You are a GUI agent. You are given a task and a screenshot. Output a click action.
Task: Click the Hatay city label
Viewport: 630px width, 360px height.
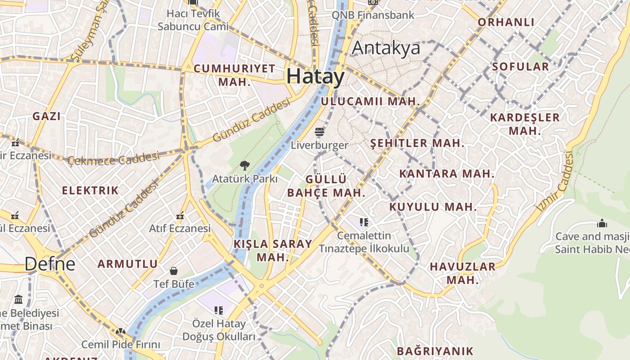[x=315, y=76]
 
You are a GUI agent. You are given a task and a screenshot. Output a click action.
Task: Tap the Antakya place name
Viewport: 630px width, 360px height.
[x=386, y=48]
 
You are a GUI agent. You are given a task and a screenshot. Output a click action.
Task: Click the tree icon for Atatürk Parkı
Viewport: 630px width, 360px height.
[x=244, y=166]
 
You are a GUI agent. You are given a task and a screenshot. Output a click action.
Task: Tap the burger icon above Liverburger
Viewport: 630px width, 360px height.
[x=319, y=132]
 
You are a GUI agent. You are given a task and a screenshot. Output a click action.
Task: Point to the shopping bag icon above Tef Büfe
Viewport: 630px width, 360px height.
[x=174, y=271]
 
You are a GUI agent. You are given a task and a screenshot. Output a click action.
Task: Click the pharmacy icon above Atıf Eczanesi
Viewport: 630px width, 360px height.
[x=180, y=216]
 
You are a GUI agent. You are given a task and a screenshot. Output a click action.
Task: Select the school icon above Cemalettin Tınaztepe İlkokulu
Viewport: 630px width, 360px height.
[x=364, y=222]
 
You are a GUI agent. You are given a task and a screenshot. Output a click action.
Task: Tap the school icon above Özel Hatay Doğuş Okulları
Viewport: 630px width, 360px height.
[x=219, y=310]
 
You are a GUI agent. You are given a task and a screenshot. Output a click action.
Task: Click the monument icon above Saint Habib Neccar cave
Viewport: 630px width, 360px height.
[x=602, y=223]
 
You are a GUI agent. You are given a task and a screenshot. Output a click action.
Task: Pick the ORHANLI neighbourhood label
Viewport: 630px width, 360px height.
[x=506, y=22]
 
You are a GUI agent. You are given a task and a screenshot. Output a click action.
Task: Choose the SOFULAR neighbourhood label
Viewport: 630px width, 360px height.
[x=520, y=67]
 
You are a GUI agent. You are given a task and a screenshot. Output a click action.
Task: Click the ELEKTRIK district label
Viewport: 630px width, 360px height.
[x=90, y=190]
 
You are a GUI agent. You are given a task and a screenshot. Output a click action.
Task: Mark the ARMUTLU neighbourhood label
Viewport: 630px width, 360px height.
[x=128, y=264]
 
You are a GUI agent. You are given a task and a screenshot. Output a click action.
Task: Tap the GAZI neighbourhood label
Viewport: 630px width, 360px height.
[x=46, y=116]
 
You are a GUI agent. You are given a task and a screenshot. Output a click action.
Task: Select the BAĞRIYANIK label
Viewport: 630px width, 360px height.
[x=435, y=351]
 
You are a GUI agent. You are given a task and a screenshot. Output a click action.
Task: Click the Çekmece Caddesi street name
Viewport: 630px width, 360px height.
[x=113, y=158]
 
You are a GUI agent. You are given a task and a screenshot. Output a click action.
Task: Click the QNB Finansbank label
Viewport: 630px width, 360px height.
[x=373, y=15]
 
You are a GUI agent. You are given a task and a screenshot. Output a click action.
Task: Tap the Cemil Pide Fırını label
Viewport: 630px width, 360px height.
[x=121, y=345]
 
